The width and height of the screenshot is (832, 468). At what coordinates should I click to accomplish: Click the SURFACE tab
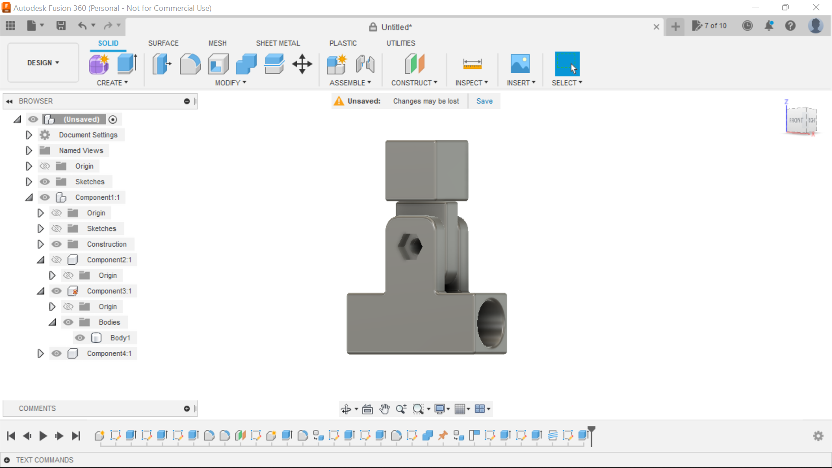click(163, 43)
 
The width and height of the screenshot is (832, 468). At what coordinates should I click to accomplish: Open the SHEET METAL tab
click(278, 43)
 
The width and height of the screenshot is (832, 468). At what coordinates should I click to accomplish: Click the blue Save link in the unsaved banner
click(484, 101)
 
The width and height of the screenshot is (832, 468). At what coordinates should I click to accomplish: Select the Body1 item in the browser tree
click(120, 338)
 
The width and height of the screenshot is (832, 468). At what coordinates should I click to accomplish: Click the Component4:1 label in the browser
click(109, 353)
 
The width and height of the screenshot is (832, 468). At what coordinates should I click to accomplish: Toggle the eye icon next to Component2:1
click(56, 260)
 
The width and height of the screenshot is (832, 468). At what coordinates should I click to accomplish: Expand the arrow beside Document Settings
click(29, 135)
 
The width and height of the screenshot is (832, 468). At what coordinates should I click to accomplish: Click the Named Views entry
click(81, 150)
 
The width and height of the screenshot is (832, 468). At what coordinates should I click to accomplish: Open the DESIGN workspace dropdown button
click(43, 63)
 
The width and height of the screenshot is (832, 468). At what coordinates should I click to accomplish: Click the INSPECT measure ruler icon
click(472, 64)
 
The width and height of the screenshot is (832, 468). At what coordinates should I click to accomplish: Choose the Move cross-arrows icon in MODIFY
click(302, 64)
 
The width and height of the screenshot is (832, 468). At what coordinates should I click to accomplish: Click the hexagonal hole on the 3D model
click(410, 246)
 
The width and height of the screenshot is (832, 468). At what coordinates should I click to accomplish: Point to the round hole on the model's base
click(491, 323)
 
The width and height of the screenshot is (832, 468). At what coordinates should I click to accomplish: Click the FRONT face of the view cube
click(796, 120)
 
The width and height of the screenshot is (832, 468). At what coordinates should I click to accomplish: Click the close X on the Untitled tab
click(656, 27)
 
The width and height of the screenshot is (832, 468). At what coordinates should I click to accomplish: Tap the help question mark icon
click(790, 26)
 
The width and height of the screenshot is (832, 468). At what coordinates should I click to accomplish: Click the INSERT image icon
click(520, 64)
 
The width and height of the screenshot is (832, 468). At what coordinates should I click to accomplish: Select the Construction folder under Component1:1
click(106, 244)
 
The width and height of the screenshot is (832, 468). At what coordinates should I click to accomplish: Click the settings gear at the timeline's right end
click(818, 435)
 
